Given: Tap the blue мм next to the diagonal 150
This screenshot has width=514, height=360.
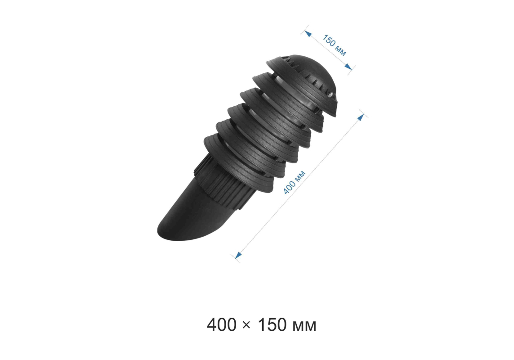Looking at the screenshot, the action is [x=341, y=51].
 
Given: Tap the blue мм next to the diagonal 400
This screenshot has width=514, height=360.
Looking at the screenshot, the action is [x=300, y=175].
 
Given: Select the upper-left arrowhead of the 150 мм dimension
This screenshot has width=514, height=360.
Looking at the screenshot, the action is [x=308, y=33].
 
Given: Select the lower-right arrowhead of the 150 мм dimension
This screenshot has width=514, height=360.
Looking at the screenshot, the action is [x=348, y=67].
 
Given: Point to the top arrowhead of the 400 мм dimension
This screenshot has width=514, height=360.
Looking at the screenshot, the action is [x=361, y=117].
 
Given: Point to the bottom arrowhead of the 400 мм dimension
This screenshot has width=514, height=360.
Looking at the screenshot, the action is [x=238, y=255].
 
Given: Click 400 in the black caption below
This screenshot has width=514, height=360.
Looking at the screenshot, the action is [x=222, y=325].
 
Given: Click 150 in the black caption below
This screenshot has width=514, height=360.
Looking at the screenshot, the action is [x=273, y=325].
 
